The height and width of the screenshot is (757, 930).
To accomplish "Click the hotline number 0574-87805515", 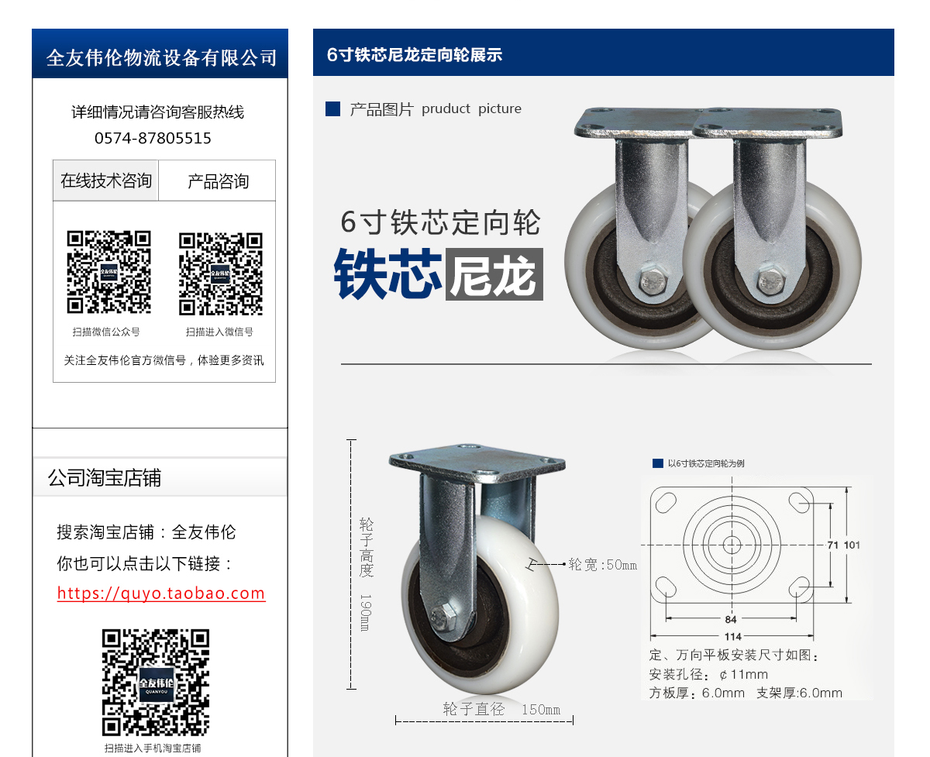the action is click(x=153, y=138).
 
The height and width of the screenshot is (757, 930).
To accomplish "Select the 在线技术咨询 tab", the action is click(x=105, y=181).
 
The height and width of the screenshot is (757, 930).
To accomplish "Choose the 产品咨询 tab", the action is click(x=218, y=181).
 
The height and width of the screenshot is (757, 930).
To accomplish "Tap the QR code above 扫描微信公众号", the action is click(x=108, y=272).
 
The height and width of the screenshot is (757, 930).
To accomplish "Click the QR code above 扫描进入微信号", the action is click(x=221, y=274).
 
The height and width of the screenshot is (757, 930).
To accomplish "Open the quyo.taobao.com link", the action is click(x=161, y=594).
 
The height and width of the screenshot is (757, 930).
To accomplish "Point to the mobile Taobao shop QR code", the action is click(x=156, y=683).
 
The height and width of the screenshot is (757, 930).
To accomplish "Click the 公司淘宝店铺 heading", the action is click(x=105, y=477).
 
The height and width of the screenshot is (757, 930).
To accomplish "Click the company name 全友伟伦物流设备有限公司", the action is click(x=161, y=57).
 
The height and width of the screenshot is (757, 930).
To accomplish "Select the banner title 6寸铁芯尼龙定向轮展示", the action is click(x=415, y=54).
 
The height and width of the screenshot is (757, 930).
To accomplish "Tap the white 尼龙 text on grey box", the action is click(x=494, y=274).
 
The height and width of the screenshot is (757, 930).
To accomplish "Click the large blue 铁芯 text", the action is click(x=387, y=274).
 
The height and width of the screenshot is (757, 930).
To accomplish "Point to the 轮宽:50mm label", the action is click(x=602, y=565).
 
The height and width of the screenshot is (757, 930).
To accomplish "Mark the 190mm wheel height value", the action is click(x=365, y=612).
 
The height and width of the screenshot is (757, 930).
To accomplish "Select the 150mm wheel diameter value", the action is click(x=541, y=710).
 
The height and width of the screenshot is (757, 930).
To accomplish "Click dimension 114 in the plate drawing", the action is click(x=732, y=636).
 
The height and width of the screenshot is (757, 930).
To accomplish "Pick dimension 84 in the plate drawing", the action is click(x=731, y=619).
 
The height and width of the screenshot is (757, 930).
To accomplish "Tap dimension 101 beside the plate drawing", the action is click(x=852, y=545).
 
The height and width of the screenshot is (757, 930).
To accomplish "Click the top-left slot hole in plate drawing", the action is click(x=666, y=503).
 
